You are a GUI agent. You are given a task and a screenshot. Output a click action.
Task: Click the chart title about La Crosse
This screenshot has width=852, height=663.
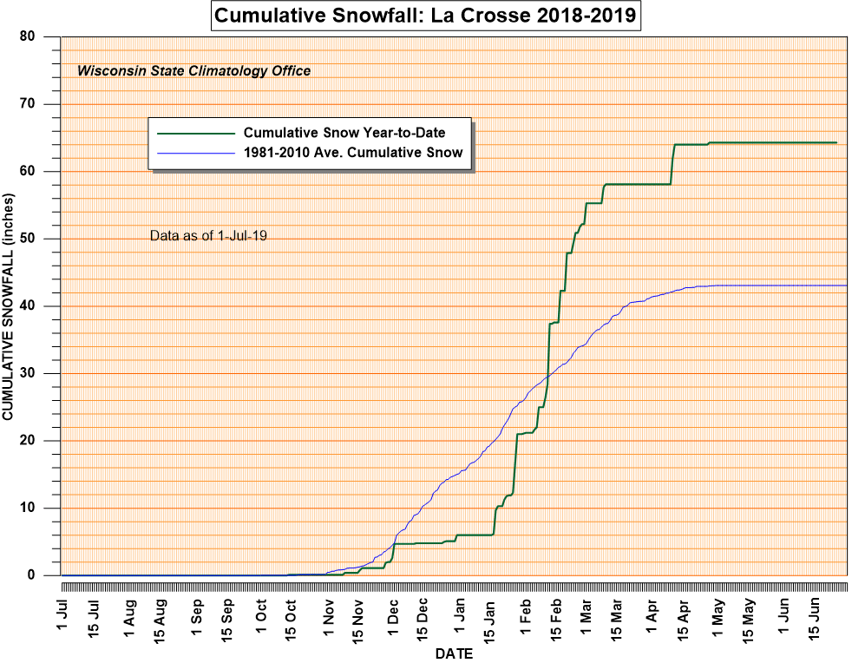(x=425, y=16)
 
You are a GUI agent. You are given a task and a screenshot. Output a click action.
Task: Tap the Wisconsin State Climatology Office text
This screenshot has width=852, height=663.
(x=194, y=71)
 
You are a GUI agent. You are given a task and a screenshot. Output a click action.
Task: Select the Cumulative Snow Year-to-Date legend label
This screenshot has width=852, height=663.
(x=344, y=133)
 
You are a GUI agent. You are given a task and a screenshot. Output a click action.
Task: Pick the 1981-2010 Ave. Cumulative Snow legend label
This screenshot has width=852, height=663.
(x=353, y=153)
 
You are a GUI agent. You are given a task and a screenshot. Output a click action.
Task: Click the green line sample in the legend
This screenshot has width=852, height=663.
(x=196, y=134)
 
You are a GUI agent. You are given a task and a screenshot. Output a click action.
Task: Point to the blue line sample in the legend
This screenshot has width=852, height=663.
(x=196, y=153)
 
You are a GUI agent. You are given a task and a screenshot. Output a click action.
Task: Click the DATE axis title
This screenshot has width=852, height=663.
(x=454, y=653)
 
